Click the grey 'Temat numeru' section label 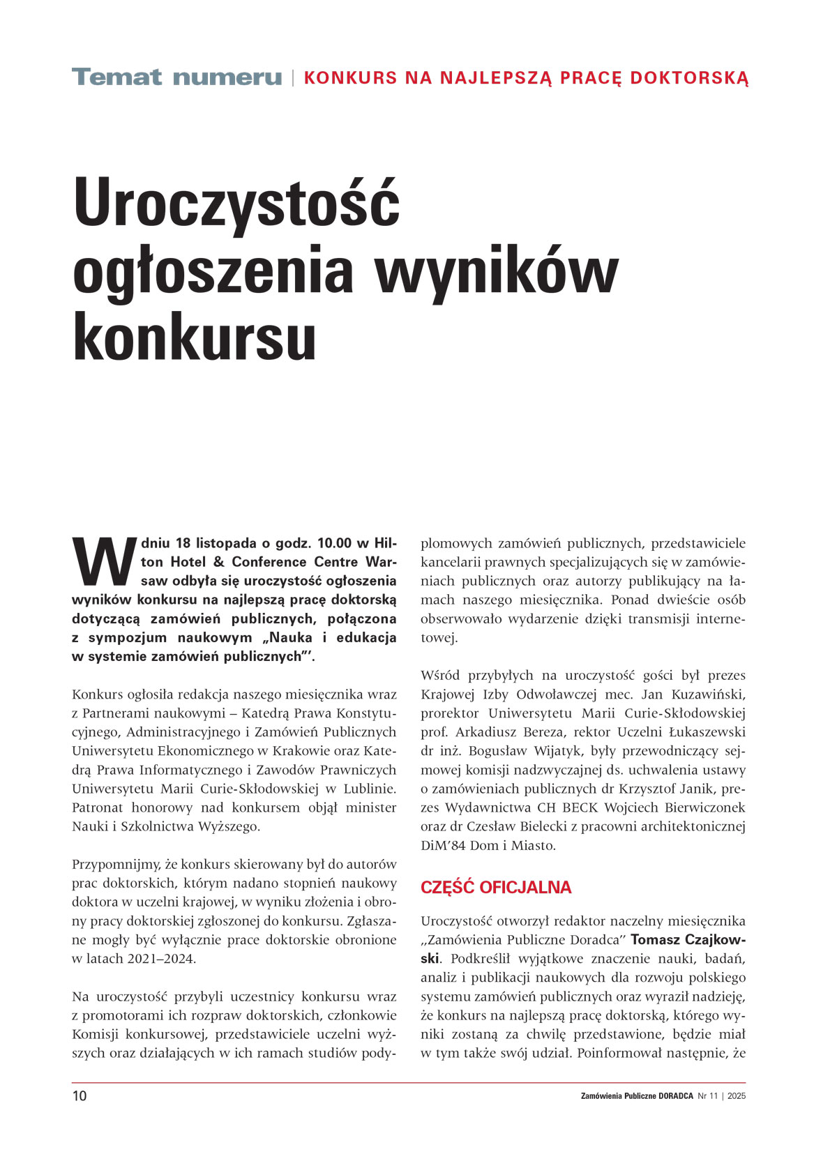(176, 77)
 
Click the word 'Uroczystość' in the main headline (236, 204)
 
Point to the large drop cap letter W (104, 562)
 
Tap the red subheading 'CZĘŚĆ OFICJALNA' (495, 888)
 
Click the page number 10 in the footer (80, 1096)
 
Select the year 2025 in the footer (737, 1096)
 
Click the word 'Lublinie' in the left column (370, 789)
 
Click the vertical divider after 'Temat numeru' (292, 77)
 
